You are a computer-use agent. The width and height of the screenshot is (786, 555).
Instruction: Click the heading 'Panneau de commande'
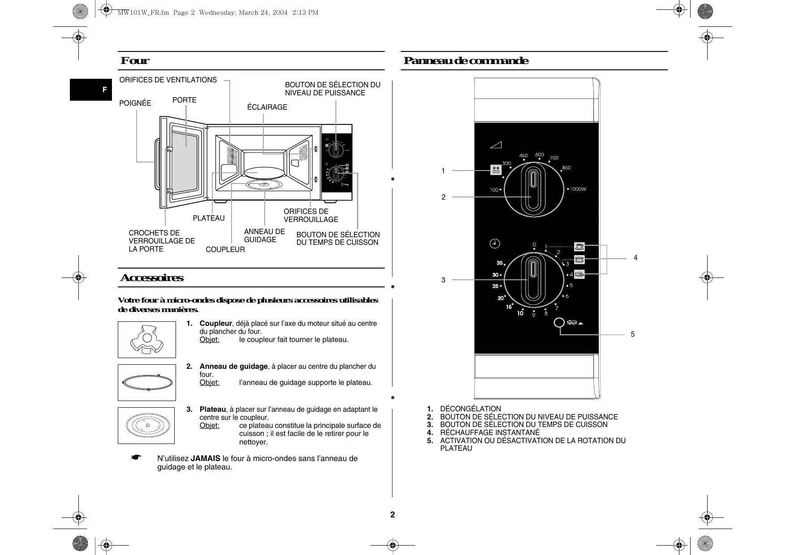466,61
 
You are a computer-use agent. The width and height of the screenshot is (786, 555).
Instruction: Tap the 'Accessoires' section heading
152,278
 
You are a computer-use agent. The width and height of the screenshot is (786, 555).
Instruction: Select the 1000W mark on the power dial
577,189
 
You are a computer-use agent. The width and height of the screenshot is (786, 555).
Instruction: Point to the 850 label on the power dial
567,168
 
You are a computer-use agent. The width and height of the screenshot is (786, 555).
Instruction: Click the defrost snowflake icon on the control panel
496,170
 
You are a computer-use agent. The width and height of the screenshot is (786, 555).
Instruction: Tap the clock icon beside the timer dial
494,243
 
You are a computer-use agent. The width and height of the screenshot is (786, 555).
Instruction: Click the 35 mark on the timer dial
499,263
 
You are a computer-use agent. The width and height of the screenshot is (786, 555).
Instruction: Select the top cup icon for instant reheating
580,246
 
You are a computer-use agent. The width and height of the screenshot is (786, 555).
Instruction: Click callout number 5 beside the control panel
632,334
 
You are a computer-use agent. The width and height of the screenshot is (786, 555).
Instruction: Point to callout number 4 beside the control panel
635,258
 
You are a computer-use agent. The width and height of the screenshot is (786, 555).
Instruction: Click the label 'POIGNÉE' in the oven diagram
135,103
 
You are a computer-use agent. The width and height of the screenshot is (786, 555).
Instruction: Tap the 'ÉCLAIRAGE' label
267,107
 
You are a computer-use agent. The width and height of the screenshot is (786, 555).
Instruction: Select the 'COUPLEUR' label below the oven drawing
225,250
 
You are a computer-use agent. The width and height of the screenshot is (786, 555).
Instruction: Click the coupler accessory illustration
146,340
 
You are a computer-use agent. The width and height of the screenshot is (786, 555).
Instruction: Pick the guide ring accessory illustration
147,383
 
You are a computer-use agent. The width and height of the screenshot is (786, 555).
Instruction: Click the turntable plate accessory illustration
146,425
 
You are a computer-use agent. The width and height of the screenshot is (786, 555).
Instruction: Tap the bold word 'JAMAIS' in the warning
206,458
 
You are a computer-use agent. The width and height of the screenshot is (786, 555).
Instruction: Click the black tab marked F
91,90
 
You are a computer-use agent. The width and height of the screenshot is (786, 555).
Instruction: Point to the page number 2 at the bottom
393,515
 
